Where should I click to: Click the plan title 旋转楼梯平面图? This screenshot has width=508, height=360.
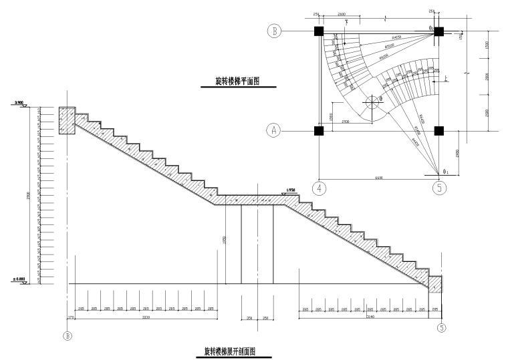click(237, 82)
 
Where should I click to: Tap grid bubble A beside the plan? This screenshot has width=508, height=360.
click(273, 130)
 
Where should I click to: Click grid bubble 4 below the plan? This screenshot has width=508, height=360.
click(321, 188)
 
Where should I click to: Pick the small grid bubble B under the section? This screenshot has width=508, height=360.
click(67, 336)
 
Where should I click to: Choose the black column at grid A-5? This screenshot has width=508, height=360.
click(439, 130)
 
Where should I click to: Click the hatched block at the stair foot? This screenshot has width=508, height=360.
click(435, 283)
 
